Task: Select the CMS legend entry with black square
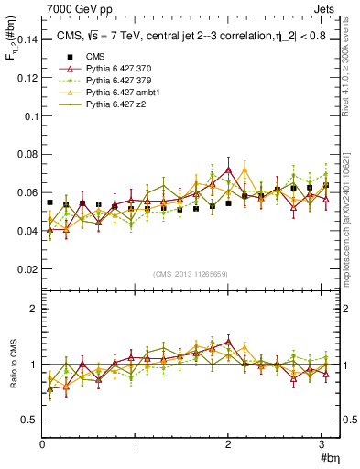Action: [x=82, y=58]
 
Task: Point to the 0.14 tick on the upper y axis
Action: [x=26, y=39]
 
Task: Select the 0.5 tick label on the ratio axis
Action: [x=28, y=420]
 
